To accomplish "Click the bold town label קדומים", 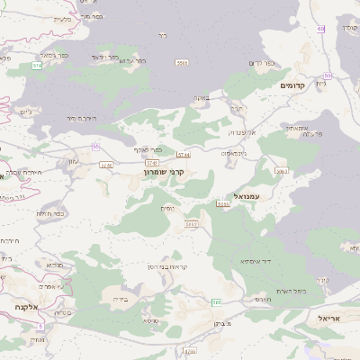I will tap(293, 85).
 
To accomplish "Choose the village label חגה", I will tap(237, 108).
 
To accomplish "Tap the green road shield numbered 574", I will tap(37, 67).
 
